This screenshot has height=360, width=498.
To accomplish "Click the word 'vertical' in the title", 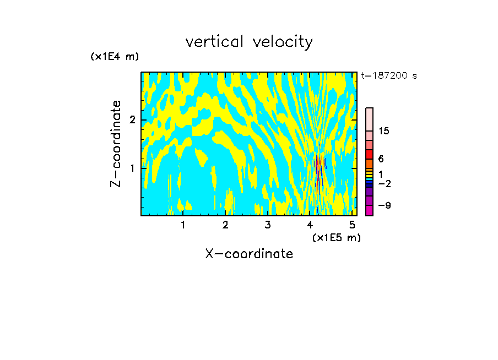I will click(x=213, y=42).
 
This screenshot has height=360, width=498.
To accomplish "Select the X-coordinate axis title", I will click(x=249, y=254).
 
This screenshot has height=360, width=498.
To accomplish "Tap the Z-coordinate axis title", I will click(x=116, y=144).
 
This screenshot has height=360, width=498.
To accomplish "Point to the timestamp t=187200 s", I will click(x=389, y=76).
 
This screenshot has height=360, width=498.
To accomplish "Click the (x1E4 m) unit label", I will click(x=115, y=57).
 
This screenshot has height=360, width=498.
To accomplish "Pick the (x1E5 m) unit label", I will click(x=336, y=237).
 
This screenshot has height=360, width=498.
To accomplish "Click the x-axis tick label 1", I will click(x=183, y=225).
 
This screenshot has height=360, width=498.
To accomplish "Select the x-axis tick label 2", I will click(x=225, y=225).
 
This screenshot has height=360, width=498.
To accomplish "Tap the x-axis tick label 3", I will click(x=268, y=225).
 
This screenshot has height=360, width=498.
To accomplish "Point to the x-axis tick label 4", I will click(x=310, y=225).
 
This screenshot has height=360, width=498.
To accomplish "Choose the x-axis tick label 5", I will click(x=352, y=225).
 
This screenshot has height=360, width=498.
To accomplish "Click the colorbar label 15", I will click(x=384, y=131).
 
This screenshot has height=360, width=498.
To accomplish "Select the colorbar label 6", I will click(x=381, y=159).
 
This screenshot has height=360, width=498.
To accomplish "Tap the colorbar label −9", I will click(x=384, y=206).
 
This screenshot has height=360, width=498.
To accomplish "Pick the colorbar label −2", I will click(x=384, y=184).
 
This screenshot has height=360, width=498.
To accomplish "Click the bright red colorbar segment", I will click(x=369, y=154).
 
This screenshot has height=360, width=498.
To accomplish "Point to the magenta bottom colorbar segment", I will click(x=369, y=210).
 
